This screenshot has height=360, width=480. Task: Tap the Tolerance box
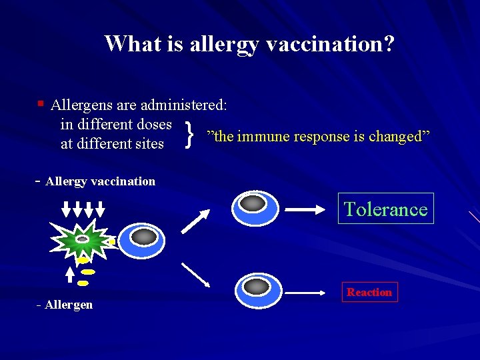tap(385, 209)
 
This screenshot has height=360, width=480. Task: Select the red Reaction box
tap(369, 292)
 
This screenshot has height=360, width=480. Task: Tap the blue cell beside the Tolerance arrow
tap(255, 207)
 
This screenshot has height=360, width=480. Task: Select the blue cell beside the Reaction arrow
tap(257, 289)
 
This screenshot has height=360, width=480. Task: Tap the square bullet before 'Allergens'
tap(41, 103)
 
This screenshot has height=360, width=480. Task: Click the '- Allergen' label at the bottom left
tap(65, 305)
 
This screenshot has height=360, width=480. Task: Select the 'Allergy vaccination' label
tap(100, 181)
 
